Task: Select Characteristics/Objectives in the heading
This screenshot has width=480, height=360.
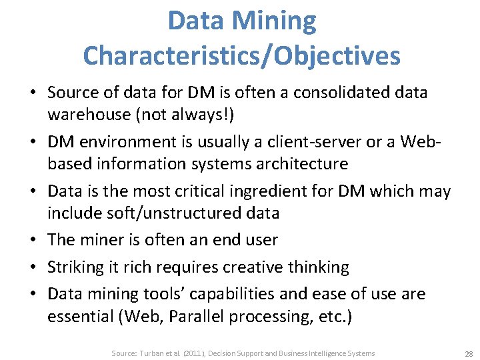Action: click(241, 55)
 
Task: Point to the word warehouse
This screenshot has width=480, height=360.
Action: click(87, 114)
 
